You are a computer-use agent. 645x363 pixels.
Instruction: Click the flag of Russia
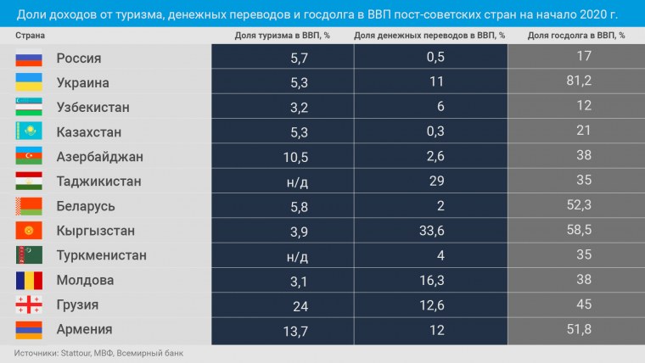pyautogui.click(x=29, y=59)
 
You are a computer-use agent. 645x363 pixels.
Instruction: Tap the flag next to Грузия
pyautogui.click(x=29, y=304)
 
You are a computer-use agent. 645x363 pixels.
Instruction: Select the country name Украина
pyautogui.click(x=82, y=83)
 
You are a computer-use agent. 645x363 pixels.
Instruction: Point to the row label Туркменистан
pyautogui.click(x=101, y=255)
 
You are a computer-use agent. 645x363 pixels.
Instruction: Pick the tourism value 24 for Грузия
pyautogui.click(x=301, y=304)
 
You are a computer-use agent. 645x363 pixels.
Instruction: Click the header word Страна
pyautogui.click(x=30, y=36)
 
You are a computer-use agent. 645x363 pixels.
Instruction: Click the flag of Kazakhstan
pyautogui.click(x=29, y=132)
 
